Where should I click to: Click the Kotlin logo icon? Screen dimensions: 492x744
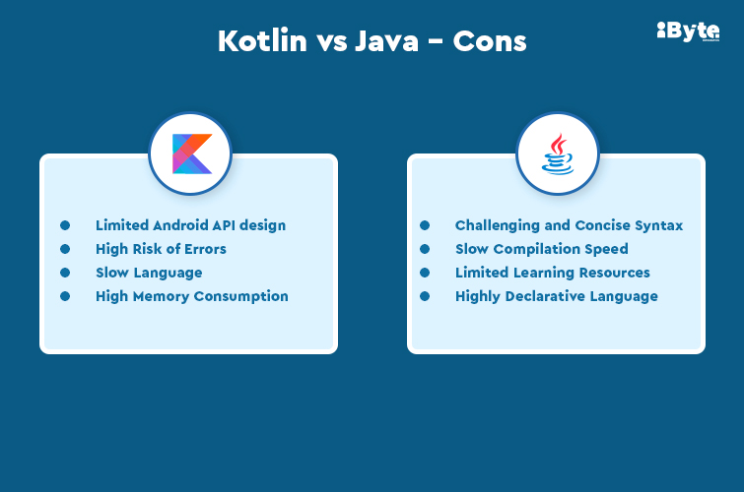[x=191, y=154]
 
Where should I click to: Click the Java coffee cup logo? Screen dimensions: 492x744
[x=558, y=154]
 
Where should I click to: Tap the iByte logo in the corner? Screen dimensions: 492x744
[x=687, y=31]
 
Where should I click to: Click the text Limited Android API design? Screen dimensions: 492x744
[x=190, y=225]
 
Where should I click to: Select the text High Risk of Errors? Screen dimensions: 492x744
[x=161, y=249]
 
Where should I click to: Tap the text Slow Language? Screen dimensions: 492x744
[x=149, y=273]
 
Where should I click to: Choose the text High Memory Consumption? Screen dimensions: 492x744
[x=192, y=296]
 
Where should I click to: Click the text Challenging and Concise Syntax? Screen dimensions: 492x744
[x=569, y=225]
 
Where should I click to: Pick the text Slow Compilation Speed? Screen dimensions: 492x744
[x=541, y=249]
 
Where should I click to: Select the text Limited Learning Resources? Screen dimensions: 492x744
[x=552, y=273]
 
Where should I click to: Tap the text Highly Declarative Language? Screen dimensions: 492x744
[x=556, y=296]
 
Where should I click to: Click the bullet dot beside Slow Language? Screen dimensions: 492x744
[x=65, y=273]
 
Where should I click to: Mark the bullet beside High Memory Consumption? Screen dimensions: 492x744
[x=65, y=296]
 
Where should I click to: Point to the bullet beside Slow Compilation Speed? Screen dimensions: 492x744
[x=425, y=249]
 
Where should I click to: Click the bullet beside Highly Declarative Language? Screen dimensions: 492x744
[x=425, y=296]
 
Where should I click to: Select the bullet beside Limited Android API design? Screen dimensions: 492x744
[x=65, y=225]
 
